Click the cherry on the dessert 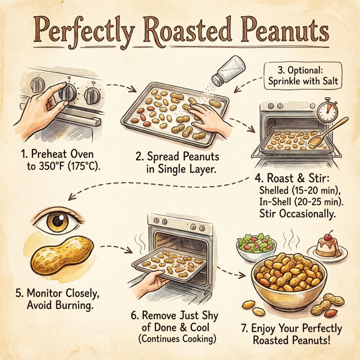[331, 235]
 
